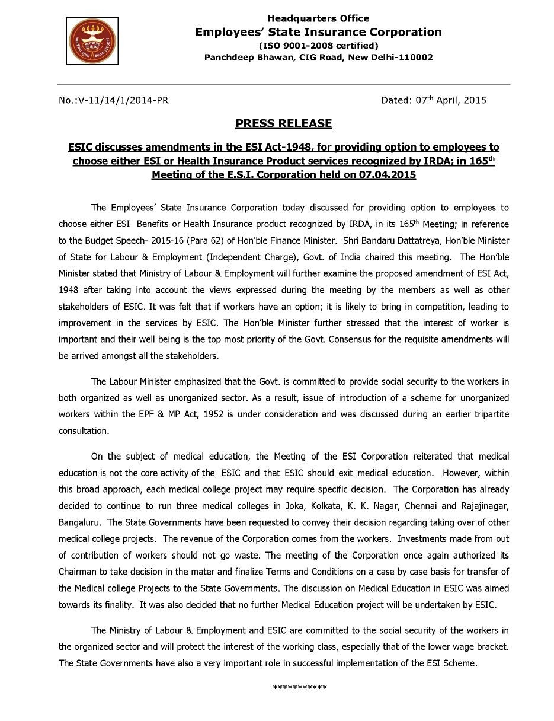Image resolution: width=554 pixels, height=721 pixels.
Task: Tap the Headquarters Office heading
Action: pos(318,18)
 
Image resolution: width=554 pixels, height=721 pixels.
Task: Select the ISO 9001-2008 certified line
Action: pos(318,45)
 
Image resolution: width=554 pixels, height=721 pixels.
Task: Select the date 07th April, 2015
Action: pos(434,100)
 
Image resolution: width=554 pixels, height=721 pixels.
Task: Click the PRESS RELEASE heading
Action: pos(284,124)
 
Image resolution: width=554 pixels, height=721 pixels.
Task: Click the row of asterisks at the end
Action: pos(300,688)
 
